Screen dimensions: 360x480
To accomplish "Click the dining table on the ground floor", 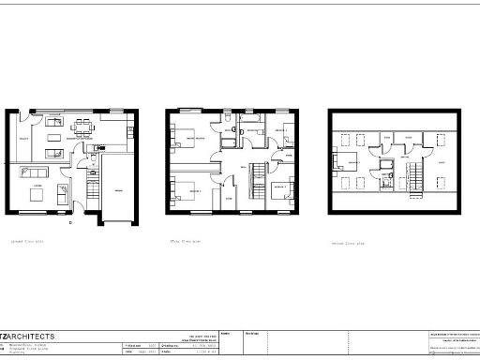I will click(x=85, y=129).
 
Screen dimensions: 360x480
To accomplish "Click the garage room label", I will click(x=118, y=190).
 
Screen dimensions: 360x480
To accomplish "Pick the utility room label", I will click(x=25, y=140).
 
